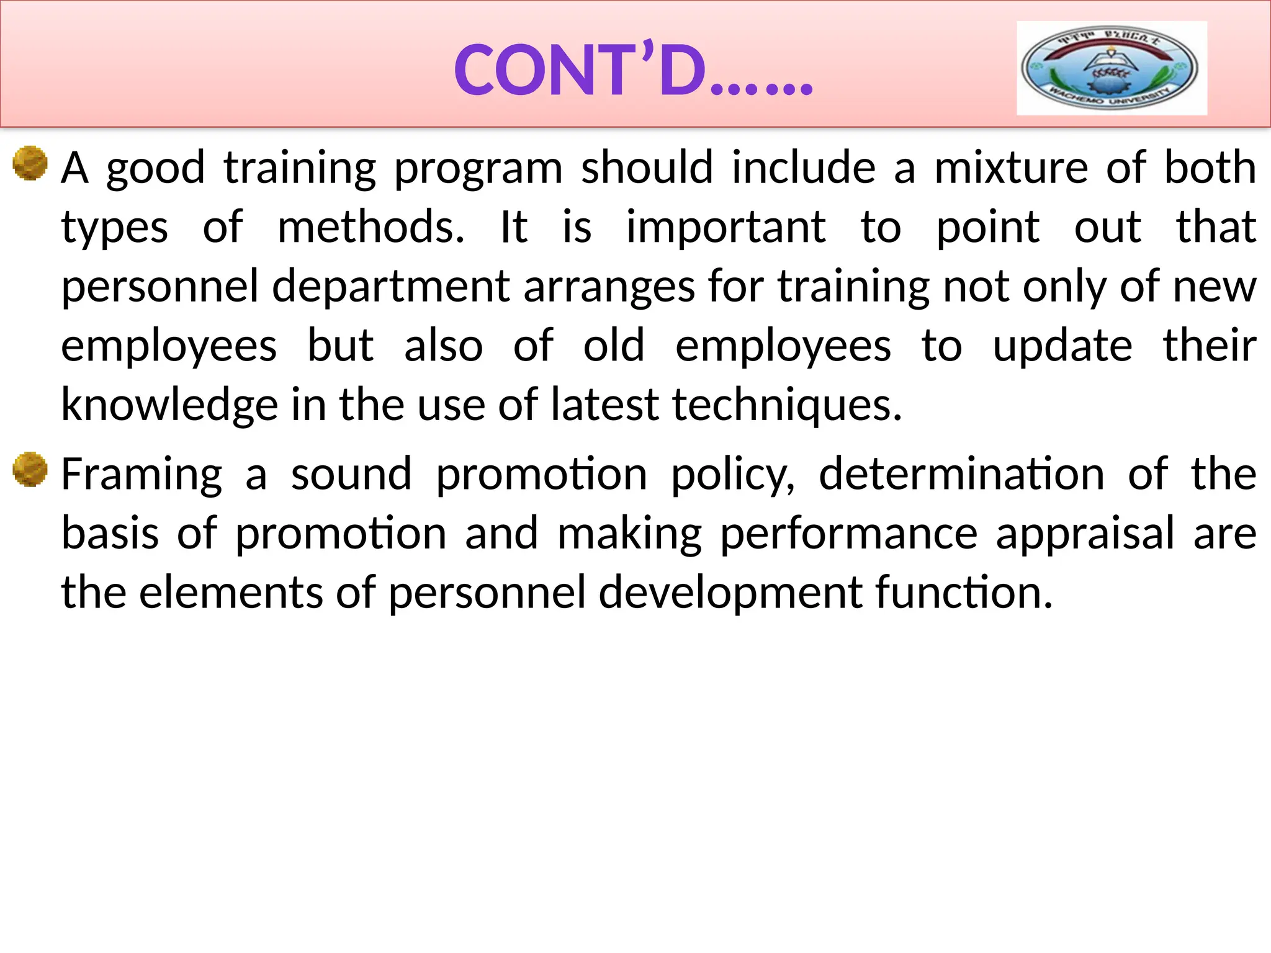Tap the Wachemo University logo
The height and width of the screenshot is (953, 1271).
pyautogui.click(x=1112, y=68)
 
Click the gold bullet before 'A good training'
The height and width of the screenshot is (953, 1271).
pyautogui.click(x=30, y=163)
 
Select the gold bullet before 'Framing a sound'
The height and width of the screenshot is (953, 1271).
pyautogui.click(x=30, y=470)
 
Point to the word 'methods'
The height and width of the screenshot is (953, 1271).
pyautogui.click(x=371, y=227)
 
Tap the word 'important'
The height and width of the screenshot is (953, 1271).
pyautogui.click(x=725, y=227)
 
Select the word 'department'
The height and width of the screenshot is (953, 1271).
pyautogui.click(x=391, y=287)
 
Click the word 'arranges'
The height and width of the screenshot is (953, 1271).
pyautogui.click(x=609, y=287)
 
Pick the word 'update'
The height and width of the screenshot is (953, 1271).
pyautogui.click(x=1062, y=346)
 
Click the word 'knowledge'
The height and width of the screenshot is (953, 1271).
pyautogui.click(x=169, y=405)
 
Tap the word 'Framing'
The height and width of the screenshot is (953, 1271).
pyautogui.click(x=141, y=475)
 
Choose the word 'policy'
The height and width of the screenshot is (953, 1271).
pyautogui.click(x=733, y=475)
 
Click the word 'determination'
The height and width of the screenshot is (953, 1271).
pyautogui.click(x=961, y=475)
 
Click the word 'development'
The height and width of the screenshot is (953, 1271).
pyautogui.click(x=730, y=593)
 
